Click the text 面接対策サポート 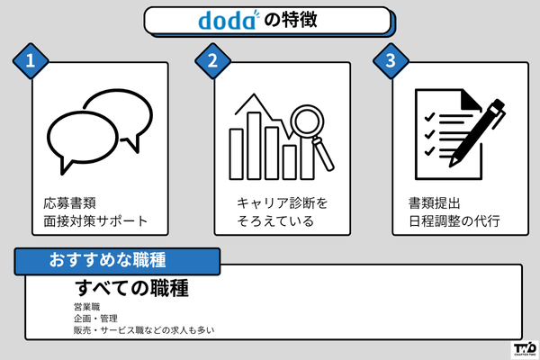pyautogui.click(x=95, y=220)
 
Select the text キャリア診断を pyautogui.click(x=277, y=202)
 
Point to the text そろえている pyautogui.click(x=269, y=220)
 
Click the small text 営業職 pyautogui.click(x=89, y=308)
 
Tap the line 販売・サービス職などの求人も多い pyautogui.click(x=144, y=331)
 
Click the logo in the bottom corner pyautogui.click(x=524, y=347)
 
